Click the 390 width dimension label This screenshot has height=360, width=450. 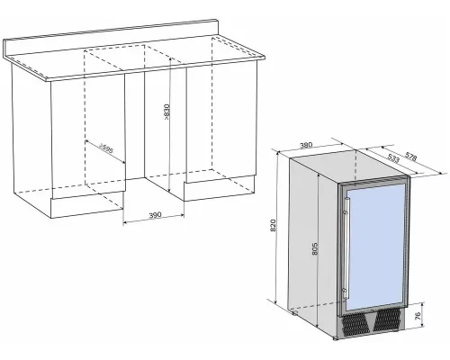point(155,215)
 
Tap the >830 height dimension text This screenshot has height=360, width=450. point(166,112)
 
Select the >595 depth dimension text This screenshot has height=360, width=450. point(106,148)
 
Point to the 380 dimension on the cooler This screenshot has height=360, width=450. point(306,145)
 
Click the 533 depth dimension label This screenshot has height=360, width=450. point(393,157)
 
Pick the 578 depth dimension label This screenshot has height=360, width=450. point(410,157)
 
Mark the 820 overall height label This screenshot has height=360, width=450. point(273,225)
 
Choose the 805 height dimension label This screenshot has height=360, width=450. point(314,248)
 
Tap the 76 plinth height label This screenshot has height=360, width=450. point(418,316)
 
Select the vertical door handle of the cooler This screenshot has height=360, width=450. point(346,248)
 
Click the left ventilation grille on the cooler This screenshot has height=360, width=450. point(355,325)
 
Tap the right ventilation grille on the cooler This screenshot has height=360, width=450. point(387,319)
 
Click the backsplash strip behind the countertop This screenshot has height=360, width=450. point(111,39)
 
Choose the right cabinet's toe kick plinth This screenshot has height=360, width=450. point(220,188)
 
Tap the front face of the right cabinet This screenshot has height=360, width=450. point(221,122)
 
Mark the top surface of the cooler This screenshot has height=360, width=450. point(349,166)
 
